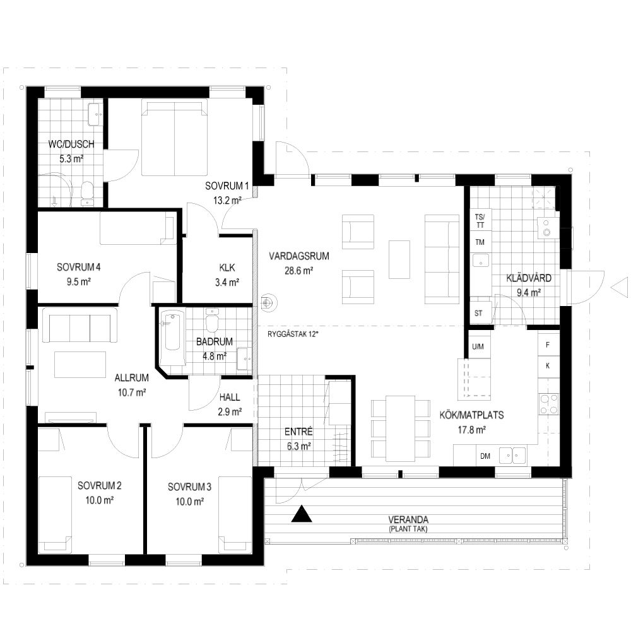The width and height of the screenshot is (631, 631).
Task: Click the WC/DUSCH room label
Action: point(71,144)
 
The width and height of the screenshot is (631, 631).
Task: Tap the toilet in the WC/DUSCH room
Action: point(86,193)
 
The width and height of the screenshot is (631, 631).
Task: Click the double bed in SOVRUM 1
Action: point(174,138)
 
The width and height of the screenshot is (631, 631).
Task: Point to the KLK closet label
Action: point(227,268)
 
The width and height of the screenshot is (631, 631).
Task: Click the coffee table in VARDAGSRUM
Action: point(399,259)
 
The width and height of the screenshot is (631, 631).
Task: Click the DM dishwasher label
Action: point(485,456)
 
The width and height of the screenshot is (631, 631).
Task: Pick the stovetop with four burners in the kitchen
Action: point(549,404)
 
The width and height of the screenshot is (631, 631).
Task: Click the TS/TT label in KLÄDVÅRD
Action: point(480,221)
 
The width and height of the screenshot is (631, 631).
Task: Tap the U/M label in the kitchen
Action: point(478,346)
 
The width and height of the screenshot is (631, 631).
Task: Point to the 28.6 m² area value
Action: point(299,271)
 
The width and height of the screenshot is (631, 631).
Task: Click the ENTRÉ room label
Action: point(298,432)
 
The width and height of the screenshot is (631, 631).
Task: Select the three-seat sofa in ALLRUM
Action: point(80,326)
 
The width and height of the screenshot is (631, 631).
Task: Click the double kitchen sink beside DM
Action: point(512,456)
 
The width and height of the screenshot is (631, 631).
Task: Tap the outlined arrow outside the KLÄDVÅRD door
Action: point(620,288)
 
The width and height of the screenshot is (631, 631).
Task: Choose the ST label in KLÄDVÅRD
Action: point(478,313)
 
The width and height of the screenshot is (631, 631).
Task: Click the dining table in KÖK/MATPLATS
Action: point(401,428)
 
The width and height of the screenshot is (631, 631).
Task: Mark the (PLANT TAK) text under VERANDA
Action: point(408,529)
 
